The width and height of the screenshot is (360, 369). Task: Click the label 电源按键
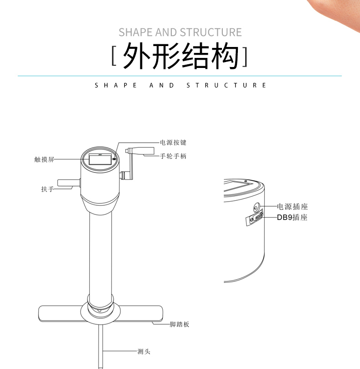[173, 142]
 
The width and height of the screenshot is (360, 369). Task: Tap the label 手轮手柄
[173, 156]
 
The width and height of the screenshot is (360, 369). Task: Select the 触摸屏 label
[44, 159]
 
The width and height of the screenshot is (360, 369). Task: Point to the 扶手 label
[47, 189]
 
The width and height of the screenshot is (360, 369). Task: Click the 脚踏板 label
[180, 324]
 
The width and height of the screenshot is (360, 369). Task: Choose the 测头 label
[144, 352]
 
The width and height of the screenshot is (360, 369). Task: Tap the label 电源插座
[292, 207]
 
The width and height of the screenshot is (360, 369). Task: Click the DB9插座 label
[292, 217]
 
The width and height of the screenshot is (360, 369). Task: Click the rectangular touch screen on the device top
[100, 159]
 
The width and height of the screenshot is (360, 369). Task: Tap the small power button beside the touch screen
[114, 159]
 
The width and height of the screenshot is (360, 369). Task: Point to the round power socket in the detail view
[256, 208]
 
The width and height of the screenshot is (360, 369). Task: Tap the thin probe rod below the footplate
[101, 346]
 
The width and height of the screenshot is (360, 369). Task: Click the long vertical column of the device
[101, 254]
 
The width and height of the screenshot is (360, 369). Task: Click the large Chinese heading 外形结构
[180, 56]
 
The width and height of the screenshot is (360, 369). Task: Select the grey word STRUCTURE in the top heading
[211, 32]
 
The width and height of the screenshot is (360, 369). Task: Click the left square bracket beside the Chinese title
[114, 56]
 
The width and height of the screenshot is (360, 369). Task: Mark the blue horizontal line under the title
[180, 76]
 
